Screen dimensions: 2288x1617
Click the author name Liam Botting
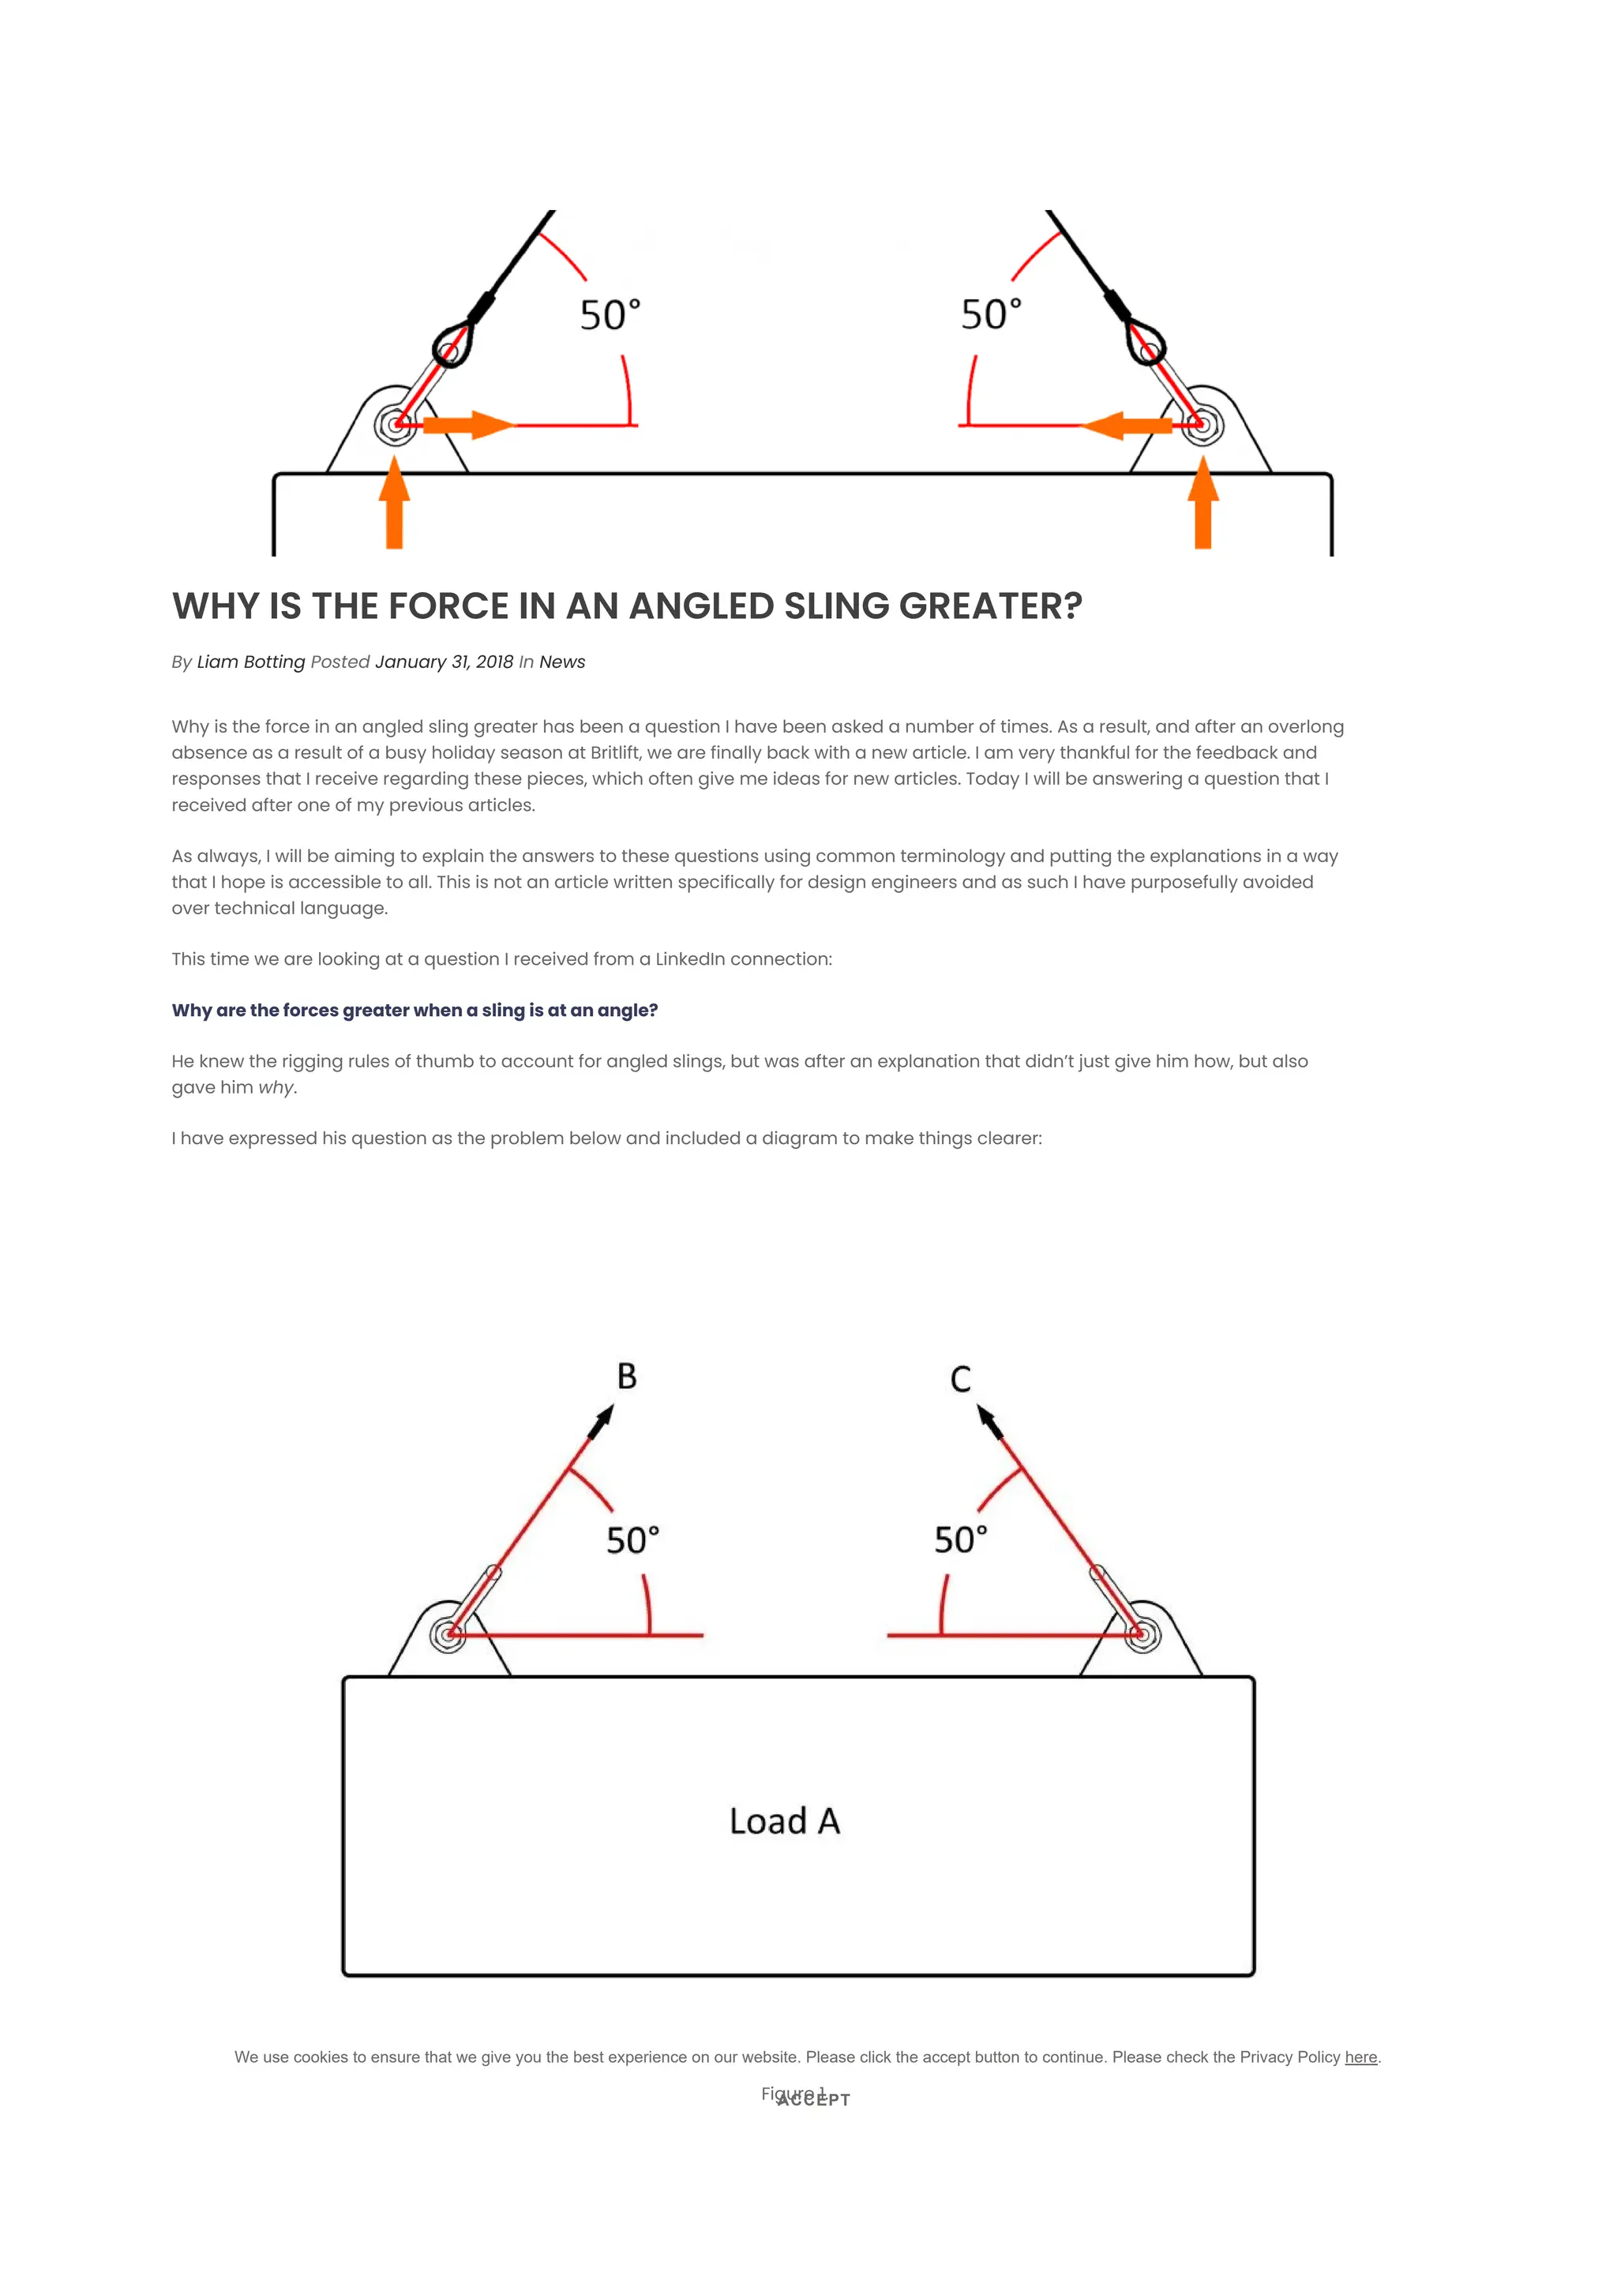coord(250,662)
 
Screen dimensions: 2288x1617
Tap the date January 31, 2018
coord(444,662)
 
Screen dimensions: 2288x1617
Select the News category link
coord(562,662)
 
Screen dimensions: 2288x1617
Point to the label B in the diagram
coord(627,1376)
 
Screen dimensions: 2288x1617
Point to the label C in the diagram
coord(960,1379)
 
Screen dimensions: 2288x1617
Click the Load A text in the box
coord(784,1821)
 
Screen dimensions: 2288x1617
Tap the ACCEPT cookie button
coord(813,2099)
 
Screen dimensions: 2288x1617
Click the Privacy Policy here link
coord(1360,2057)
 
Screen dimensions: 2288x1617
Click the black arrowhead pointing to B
coord(602,1421)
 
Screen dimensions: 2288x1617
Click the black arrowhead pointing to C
coord(989,1420)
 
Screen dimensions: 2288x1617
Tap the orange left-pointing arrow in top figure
coord(1127,426)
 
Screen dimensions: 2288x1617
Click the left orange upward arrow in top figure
coord(395,503)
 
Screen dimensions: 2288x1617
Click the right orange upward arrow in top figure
coord(1202,503)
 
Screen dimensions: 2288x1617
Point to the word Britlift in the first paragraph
coord(615,752)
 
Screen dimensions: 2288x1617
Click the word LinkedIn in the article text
coord(689,958)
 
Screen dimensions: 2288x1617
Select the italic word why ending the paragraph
coord(276,1087)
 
